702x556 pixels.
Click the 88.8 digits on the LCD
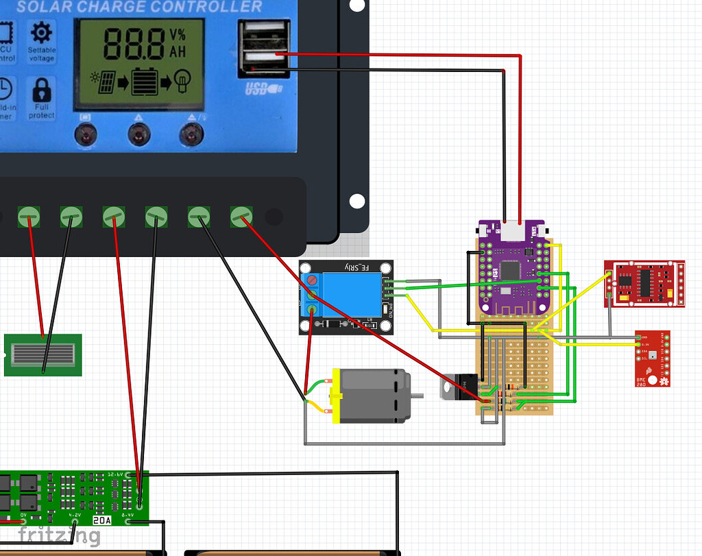click(134, 45)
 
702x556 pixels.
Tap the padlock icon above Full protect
click(42, 90)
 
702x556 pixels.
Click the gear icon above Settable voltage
click(42, 32)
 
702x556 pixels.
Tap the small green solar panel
click(43, 355)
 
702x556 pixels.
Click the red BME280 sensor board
click(652, 359)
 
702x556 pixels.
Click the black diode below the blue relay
click(332, 324)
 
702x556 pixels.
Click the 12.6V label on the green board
click(115, 474)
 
